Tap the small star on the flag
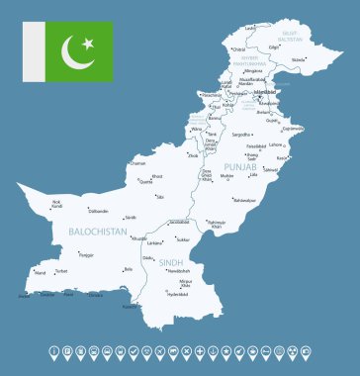[x=87, y=44]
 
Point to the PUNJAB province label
[x=240, y=168]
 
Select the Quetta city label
[x=146, y=182]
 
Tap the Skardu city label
[x=299, y=60]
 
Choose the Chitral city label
[x=238, y=48]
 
